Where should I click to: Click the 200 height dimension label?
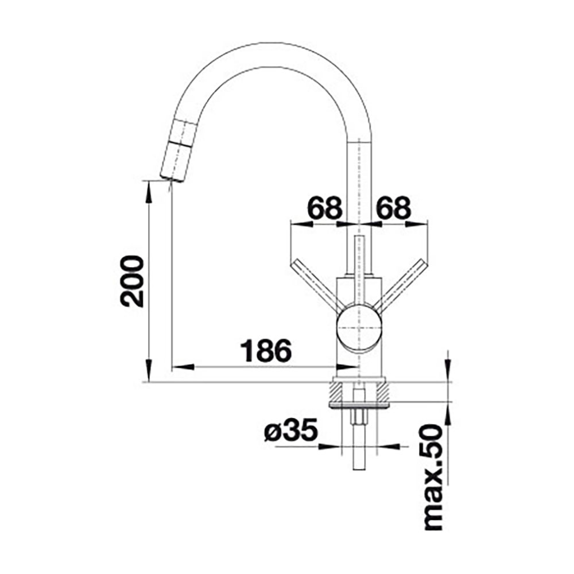click(x=132, y=281)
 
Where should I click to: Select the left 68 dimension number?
click(x=325, y=208)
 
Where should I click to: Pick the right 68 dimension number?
click(x=394, y=208)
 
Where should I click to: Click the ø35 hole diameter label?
click(x=290, y=430)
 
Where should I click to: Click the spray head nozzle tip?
click(x=173, y=179)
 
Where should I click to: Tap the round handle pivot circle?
click(x=359, y=327)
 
